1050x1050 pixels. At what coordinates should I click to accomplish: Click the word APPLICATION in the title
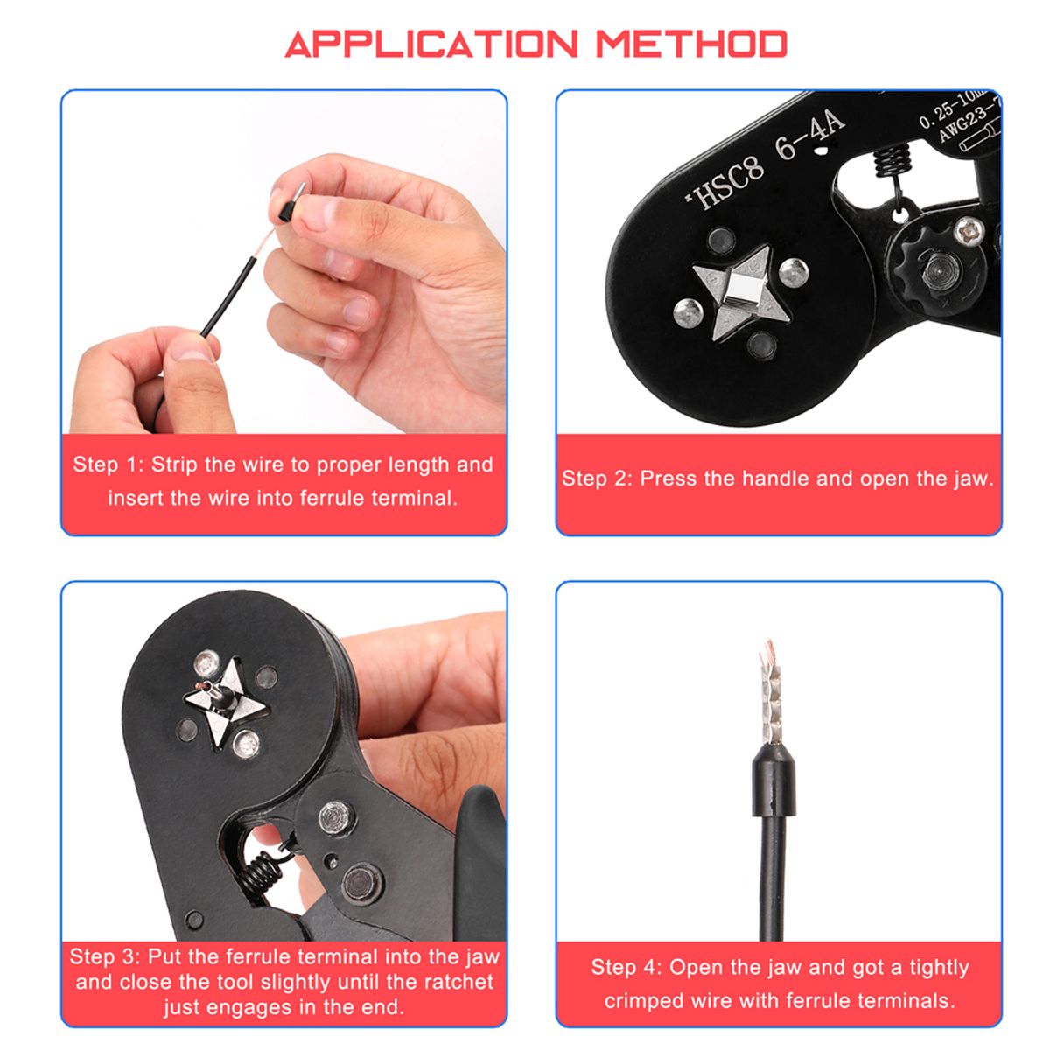pyautogui.click(x=431, y=44)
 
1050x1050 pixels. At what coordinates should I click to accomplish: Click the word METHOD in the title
pyautogui.click(x=692, y=44)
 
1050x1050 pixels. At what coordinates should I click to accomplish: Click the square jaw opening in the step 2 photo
pyautogui.click(x=740, y=290)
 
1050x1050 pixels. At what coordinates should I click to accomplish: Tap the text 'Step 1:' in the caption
pyautogui.click(x=108, y=465)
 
